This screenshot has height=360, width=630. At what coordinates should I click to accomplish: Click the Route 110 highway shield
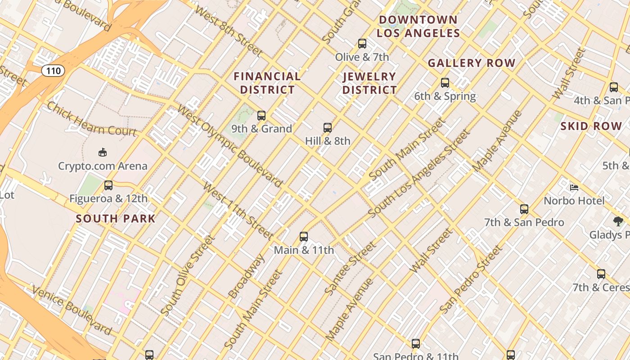coord(53,71)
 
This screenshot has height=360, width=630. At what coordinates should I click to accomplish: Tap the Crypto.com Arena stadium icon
coord(103,153)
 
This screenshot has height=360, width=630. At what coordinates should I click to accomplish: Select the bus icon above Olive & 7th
coord(362,44)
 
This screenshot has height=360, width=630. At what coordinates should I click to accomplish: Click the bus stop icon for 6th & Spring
coord(445,83)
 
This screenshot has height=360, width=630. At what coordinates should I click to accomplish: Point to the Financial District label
coord(267,83)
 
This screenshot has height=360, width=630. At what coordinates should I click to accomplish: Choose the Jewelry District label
coord(369,83)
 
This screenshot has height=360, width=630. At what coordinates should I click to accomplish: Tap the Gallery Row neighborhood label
coord(471,63)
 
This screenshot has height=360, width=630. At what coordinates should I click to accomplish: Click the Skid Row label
coord(591,126)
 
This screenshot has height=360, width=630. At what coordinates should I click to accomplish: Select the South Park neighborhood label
coord(116,219)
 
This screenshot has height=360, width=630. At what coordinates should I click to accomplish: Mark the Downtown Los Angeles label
coord(418,27)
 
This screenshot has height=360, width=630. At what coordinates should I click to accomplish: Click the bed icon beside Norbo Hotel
coord(574,187)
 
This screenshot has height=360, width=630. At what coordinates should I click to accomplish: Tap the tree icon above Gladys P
coord(618,221)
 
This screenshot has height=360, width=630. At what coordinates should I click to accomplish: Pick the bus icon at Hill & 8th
coord(328,128)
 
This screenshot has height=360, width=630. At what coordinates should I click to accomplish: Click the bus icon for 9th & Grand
coord(261,116)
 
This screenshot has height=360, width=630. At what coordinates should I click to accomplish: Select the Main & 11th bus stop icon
coord(304,237)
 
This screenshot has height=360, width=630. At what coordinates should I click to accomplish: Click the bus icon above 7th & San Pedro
coord(524,209)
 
